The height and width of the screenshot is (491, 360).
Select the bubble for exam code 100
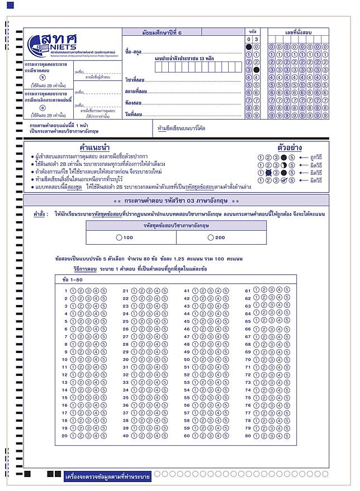click(x=119, y=237)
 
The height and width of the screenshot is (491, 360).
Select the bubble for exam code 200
click(x=210, y=237)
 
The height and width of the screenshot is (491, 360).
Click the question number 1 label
click(x=65, y=290)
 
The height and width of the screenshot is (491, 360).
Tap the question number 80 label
click(x=248, y=435)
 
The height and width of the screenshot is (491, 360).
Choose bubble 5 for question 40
click(x=165, y=435)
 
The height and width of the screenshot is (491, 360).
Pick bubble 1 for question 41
click(x=195, y=290)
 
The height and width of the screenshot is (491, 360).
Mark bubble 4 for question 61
click(x=279, y=290)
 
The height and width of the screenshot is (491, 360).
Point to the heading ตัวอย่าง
click(x=290, y=148)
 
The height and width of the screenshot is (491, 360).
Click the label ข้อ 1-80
click(x=73, y=279)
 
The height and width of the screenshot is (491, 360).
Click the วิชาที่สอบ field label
click(x=136, y=79)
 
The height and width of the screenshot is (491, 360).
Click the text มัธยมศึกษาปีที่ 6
click(x=162, y=32)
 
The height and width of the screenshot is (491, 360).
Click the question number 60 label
click(x=187, y=435)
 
